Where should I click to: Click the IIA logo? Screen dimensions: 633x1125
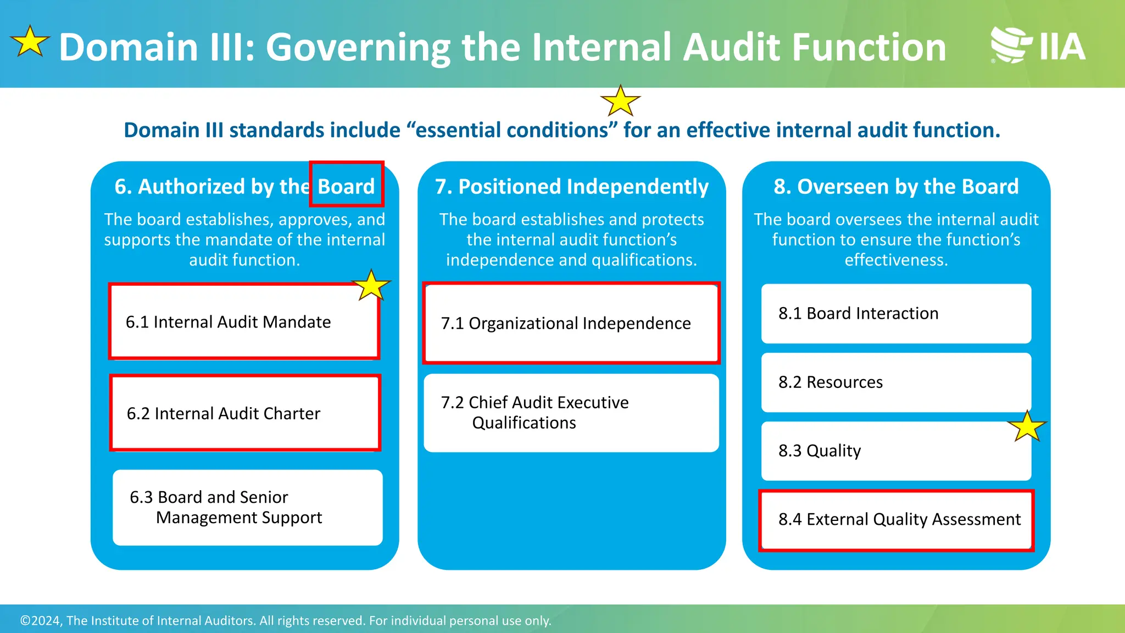[x=1038, y=45]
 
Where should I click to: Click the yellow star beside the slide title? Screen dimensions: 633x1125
[x=30, y=42]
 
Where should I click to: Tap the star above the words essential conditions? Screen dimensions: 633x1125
[x=620, y=101]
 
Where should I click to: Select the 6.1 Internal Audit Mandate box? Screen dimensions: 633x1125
[x=244, y=321]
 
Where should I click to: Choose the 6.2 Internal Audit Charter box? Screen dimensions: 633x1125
[x=245, y=413]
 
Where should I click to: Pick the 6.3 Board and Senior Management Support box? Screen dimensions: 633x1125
[x=247, y=507]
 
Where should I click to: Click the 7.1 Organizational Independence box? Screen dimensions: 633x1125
[x=571, y=323]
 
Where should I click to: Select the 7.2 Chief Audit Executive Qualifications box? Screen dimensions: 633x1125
[x=571, y=413]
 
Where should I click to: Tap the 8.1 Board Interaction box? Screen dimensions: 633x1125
[x=895, y=313]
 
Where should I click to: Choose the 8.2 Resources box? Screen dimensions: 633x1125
[x=895, y=382]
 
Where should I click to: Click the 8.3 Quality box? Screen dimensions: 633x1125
[x=895, y=451]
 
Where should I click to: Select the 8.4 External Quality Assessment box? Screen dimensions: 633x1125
[x=896, y=519]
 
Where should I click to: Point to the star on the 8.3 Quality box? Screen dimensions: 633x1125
[x=1027, y=426]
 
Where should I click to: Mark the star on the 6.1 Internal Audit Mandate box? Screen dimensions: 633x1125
[x=371, y=285]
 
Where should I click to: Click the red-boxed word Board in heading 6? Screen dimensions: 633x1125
[x=346, y=186]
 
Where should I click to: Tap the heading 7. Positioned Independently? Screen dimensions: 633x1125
[x=571, y=186]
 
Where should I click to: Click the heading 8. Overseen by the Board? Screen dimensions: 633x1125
[x=896, y=186]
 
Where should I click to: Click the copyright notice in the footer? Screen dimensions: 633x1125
[x=286, y=620]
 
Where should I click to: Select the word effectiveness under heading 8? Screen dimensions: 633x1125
[x=896, y=259]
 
